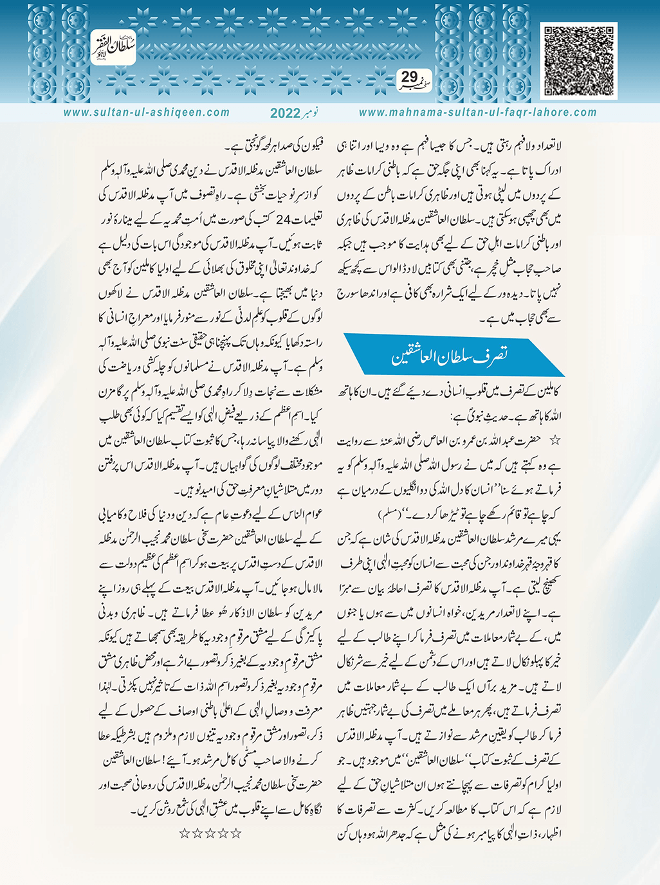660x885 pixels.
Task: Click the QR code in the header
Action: point(578,60)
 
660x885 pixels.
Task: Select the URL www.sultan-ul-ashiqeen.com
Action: point(147,113)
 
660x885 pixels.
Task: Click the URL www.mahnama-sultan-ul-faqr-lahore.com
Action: point(477,113)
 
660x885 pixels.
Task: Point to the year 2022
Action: point(285,113)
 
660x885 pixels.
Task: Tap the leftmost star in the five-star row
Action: point(185,834)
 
